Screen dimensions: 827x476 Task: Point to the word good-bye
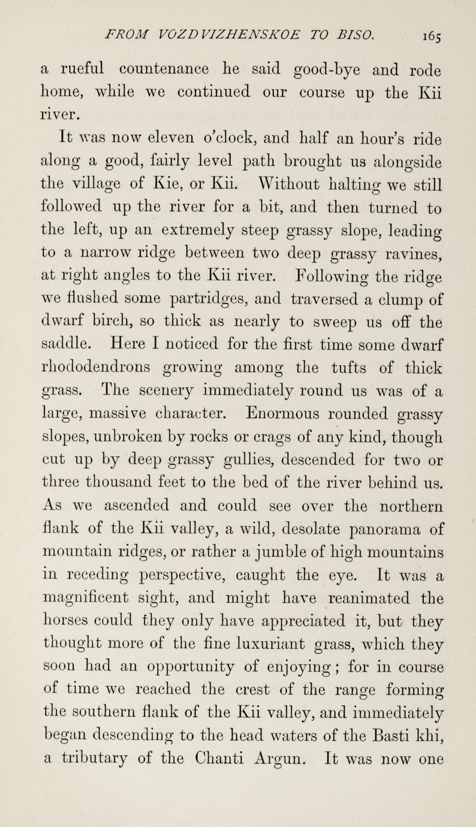[x=312, y=70]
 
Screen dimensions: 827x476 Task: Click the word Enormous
[x=290, y=416]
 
